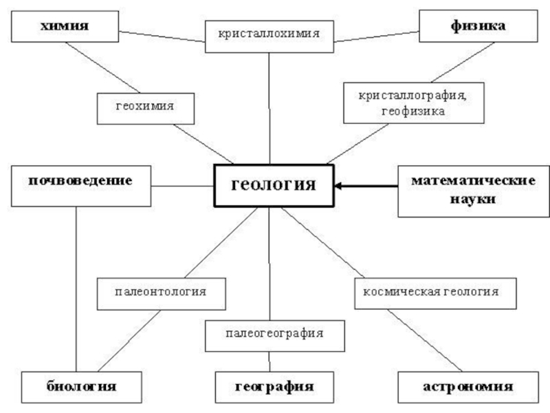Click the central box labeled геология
tap(274, 184)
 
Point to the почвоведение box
tap(81, 184)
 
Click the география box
tap(274, 385)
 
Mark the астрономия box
tap(467, 385)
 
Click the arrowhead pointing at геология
tap(339, 185)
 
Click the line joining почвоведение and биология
tap(76, 289)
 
